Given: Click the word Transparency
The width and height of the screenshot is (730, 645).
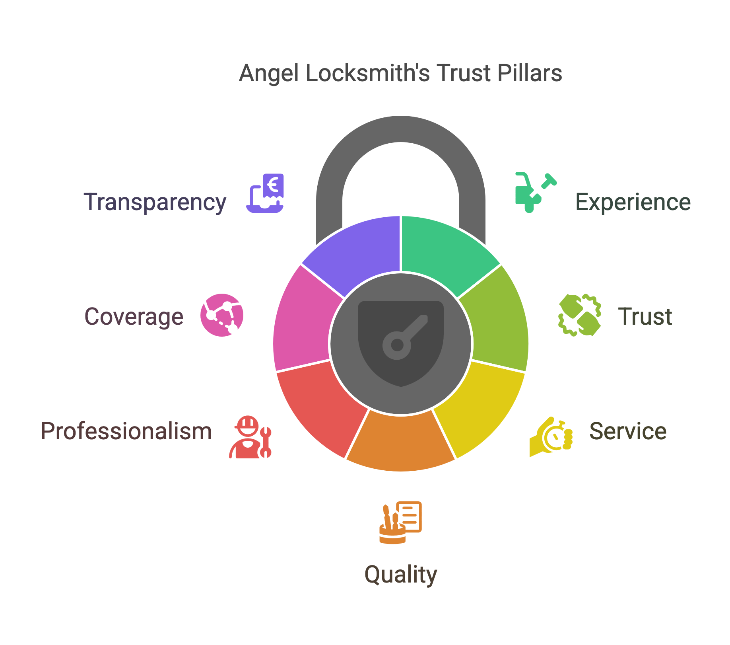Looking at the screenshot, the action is (155, 203).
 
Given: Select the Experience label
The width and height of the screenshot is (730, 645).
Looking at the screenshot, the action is (633, 203).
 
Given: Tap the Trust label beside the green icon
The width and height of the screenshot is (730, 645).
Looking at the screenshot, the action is (645, 317).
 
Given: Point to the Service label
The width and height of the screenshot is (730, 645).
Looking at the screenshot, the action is (628, 431).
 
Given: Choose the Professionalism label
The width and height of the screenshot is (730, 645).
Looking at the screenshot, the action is (126, 431).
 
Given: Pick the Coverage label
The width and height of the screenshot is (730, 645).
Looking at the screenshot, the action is (134, 317).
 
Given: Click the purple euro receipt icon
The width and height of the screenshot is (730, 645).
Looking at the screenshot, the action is (265, 193).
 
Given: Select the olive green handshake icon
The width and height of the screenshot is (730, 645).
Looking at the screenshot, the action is (580, 315).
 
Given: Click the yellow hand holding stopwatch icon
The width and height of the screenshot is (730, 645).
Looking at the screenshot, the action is (551, 437).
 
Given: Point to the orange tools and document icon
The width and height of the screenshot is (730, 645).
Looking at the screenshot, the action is (400, 522).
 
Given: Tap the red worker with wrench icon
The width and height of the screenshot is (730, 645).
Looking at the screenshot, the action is (250, 437).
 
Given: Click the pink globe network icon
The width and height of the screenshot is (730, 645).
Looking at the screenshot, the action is (222, 315).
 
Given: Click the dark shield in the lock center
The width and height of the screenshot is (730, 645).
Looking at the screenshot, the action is (401, 343).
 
